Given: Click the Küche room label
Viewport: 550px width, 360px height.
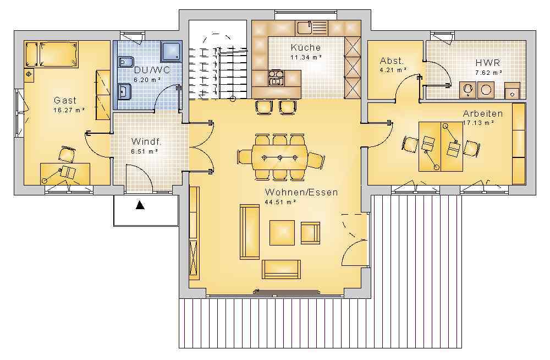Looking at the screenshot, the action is [305, 47].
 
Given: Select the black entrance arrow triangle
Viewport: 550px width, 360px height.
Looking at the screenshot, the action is [140, 205].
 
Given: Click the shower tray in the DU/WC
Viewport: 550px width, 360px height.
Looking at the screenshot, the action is [171, 52].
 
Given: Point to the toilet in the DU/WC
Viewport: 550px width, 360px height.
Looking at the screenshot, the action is [125, 62].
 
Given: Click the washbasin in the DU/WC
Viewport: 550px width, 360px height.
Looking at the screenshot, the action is [124, 92].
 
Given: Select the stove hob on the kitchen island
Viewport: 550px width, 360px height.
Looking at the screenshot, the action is [276, 78].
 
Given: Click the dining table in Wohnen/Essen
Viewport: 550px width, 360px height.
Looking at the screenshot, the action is [279, 157].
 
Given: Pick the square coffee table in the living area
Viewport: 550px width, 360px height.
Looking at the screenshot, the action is [282, 232].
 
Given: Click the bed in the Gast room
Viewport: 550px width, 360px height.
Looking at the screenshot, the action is [58, 54].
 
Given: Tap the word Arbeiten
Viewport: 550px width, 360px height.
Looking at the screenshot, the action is [483, 113].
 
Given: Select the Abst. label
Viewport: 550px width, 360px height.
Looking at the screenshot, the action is [392, 61].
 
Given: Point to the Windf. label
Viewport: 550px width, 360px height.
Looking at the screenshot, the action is [146, 141].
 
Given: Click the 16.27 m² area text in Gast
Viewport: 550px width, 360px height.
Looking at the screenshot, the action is [69, 110].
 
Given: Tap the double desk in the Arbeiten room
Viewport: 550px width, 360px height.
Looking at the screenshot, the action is [441, 146].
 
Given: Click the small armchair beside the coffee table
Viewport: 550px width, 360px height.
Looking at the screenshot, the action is [310, 233].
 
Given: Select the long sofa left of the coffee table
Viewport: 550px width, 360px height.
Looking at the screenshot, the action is [249, 232].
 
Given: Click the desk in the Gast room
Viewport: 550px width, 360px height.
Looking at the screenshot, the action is [65, 173].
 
